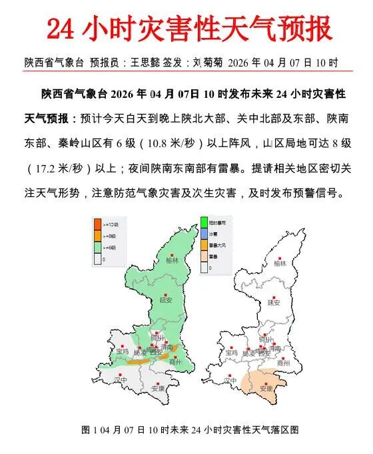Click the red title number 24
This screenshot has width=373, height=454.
(x=63, y=29)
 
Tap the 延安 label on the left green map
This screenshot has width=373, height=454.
(x=165, y=300)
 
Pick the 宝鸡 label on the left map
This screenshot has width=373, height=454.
(x=122, y=351)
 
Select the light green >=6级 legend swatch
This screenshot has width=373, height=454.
(x=97, y=246)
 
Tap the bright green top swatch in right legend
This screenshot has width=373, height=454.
(x=204, y=222)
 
